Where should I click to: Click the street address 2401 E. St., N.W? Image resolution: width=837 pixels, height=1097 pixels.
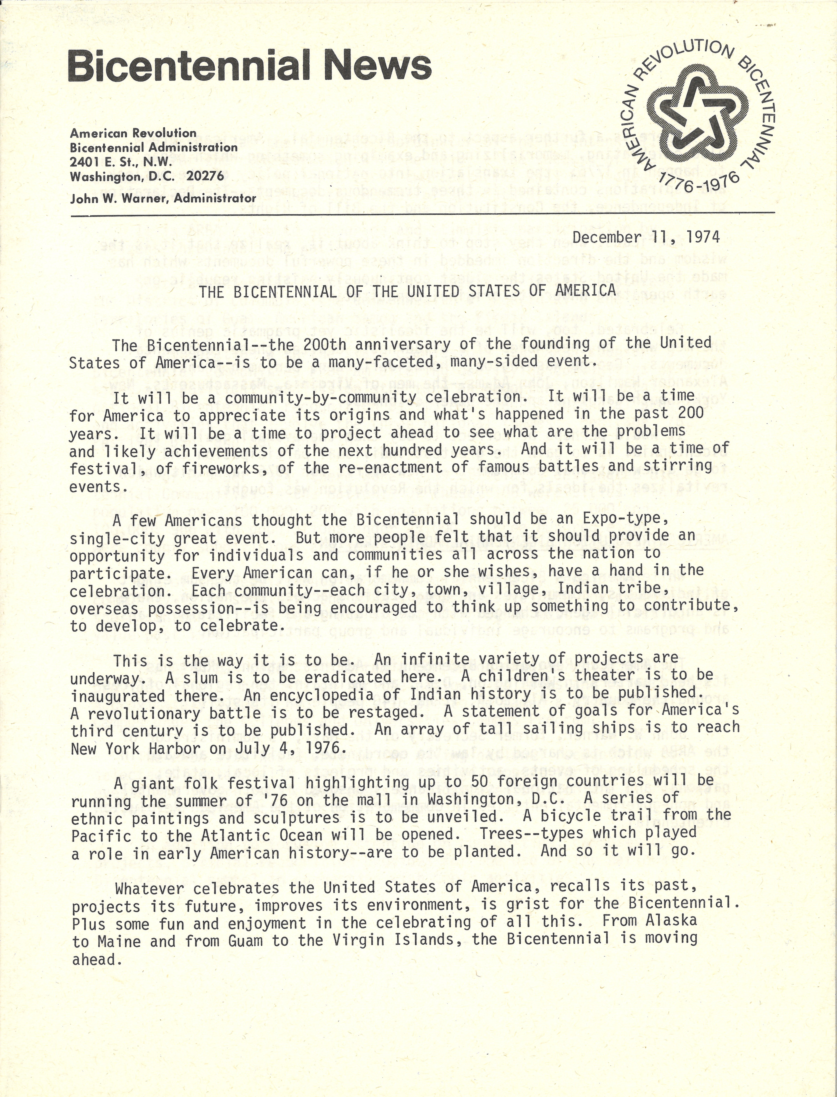click(121, 162)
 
